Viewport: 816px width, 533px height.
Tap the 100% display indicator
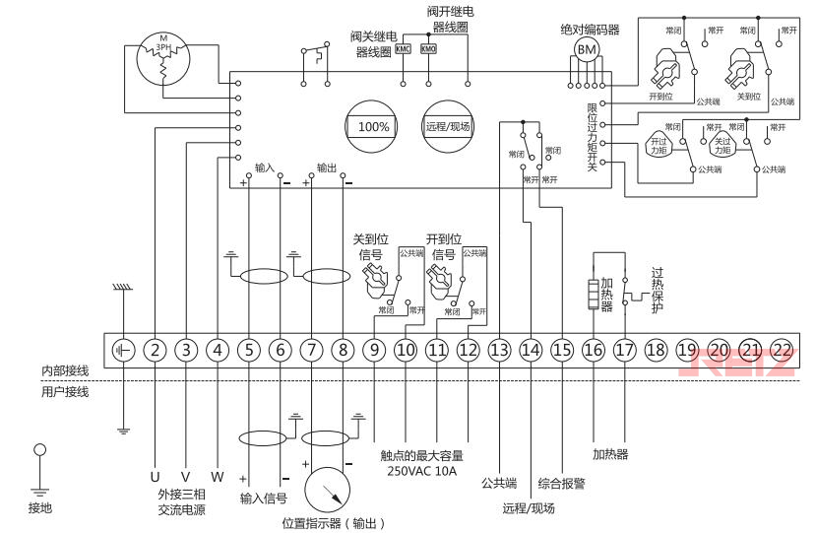pyautogui.click(x=373, y=127)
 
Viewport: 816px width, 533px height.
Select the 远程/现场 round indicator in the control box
pyautogui.click(x=448, y=127)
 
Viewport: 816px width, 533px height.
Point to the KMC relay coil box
pyautogui.click(x=404, y=49)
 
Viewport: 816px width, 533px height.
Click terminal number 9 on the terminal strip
pyautogui.click(x=374, y=349)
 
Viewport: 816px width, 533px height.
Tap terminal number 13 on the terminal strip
pyautogui.click(x=500, y=349)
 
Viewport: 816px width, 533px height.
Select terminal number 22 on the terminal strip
pyautogui.click(x=783, y=349)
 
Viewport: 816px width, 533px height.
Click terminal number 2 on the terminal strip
pyautogui.click(x=155, y=349)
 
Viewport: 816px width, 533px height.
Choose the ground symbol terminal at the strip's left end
pyautogui.click(x=123, y=349)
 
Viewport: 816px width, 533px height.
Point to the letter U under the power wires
pyautogui.click(x=155, y=477)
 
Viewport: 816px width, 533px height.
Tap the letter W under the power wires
pyautogui.click(x=218, y=477)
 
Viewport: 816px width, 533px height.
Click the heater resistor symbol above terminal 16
pyautogui.click(x=593, y=293)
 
